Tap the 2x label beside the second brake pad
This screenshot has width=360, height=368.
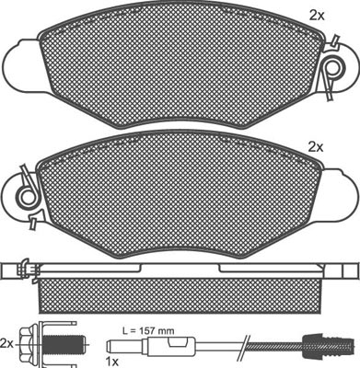pos(316,148)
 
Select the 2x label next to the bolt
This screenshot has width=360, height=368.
pos(7,342)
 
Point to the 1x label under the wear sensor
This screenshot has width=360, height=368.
pos(111,362)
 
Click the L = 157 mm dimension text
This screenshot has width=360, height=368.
pos(148,331)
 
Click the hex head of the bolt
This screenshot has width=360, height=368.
pos(29,344)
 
